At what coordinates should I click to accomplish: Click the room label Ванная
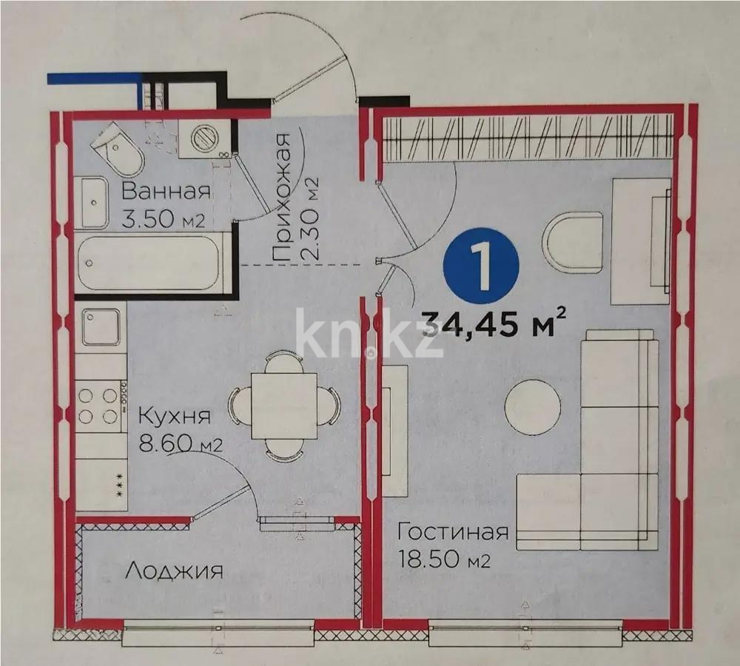[166, 191]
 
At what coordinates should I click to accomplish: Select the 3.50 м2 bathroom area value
[163, 220]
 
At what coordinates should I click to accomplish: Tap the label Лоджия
[174, 571]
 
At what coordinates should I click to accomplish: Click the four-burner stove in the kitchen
[100, 405]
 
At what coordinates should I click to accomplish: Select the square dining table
[284, 406]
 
